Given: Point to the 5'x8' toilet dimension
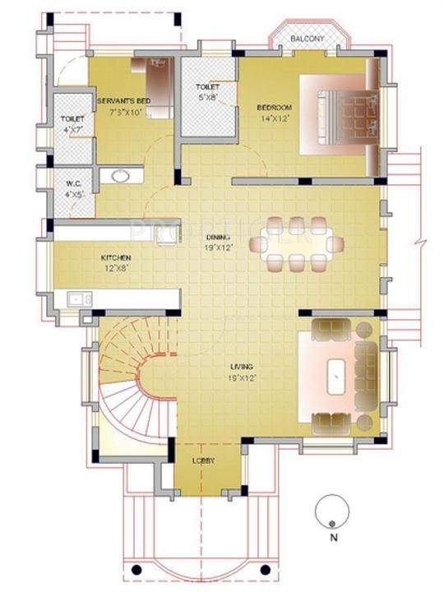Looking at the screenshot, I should pos(206,98).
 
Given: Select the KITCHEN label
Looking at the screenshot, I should pos(116,257).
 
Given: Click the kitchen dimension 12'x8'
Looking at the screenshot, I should pos(117,267).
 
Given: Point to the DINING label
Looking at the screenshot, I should pos(218,237).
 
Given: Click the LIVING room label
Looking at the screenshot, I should pos(242,367).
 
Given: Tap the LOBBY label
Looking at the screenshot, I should pos(204,461).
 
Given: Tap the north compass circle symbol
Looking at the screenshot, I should pos(331,512).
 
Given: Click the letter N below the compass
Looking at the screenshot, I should pos(332,539).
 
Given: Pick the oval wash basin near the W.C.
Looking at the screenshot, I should pos(121,174).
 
